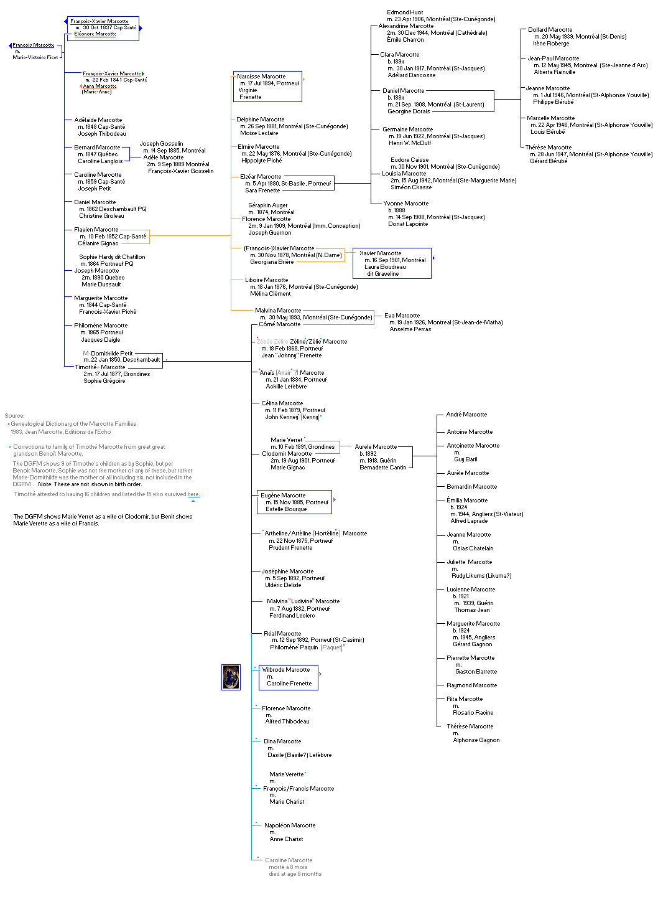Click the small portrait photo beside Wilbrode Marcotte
pyautogui.click(x=231, y=677)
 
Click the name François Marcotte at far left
pyautogui.click(x=34, y=45)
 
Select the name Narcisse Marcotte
pyautogui.click(x=261, y=76)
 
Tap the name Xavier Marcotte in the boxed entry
pyautogui.click(x=380, y=253)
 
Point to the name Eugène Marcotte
pyautogui.click(x=283, y=496)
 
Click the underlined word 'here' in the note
pyautogui.click(x=193, y=494)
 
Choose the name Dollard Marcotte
pyautogui.click(x=550, y=30)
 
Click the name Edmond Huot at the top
pyautogui.click(x=405, y=12)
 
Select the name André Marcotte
pyautogui.click(x=466, y=415)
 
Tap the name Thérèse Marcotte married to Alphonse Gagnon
pyautogui.click(x=470, y=727)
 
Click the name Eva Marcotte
pyautogui.click(x=402, y=316)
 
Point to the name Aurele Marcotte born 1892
pyautogui.click(x=376, y=447)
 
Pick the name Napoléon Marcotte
pyautogui.click(x=290, y=826)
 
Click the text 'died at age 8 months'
pyautogui.click(x=295, y=874)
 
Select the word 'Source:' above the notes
pyautogui.click(x=15, y=416)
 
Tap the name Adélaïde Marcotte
pyautogui.click(x=98, y=120)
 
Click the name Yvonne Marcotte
pyautogui.click(x=405, y=204)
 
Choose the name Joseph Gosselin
pyautogui.click(x=161, y=144)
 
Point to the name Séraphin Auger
pyautogui.click(x=268, y=205)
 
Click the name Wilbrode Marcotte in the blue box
pyautogui.click(x=286, y=670)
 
